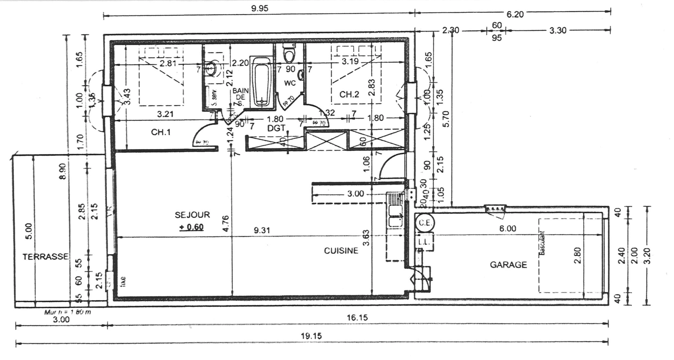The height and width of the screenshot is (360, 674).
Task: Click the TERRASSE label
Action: [46, 257]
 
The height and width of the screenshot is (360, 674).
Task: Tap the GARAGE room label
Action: [508, 265]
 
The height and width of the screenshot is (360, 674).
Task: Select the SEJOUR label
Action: [192, 215]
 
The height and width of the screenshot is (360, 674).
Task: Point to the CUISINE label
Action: [341, 251]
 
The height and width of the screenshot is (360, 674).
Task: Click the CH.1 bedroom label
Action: [161, 132]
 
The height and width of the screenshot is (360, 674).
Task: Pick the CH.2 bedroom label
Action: [349, 95]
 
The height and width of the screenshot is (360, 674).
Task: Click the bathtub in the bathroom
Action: [261, 83]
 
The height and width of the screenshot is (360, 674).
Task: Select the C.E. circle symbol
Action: [425, 223]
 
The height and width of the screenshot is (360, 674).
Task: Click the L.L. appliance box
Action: [424, 242]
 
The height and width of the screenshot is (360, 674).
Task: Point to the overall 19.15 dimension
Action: [311, 336]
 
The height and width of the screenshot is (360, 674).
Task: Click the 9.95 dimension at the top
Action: [259, 9]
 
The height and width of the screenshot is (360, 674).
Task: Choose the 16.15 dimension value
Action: [357, 318]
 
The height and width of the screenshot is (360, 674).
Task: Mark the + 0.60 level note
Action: [191, 227]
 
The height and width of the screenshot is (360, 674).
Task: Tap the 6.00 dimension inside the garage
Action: [507, 229]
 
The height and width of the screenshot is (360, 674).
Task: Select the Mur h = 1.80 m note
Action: [67, 312]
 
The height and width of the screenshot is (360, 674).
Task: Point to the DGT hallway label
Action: [276, 128]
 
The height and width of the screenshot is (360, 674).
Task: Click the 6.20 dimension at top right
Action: [515, 14]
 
